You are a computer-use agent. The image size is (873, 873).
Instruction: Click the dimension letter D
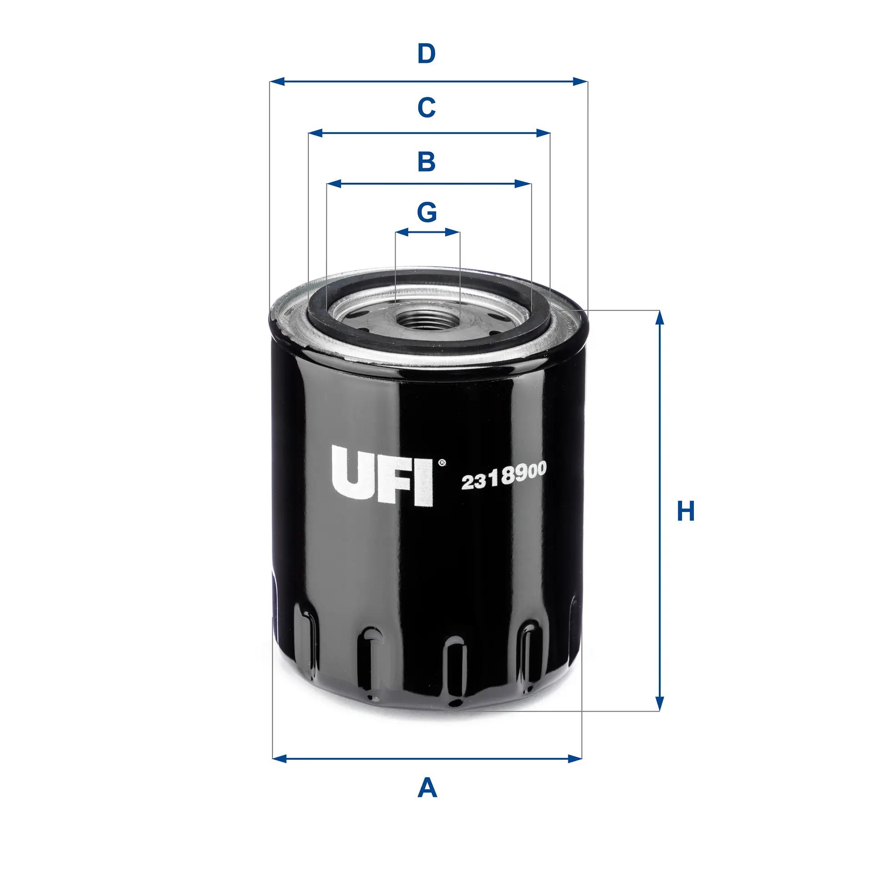tap(426, 54)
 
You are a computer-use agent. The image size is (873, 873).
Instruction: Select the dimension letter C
tap(426, 108)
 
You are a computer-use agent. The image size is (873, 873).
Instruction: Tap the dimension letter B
tap(426, 162)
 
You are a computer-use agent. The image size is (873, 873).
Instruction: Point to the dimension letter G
tap(427, 212)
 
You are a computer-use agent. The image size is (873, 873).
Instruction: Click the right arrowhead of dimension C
tap(543, 133)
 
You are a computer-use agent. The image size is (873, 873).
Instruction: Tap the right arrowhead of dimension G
tap(453, 232)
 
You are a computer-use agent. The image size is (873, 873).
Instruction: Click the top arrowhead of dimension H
tap(660, 318)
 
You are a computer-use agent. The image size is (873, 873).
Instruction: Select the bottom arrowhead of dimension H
tap(660, 703)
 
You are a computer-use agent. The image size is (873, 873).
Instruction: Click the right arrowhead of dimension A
tap(575, 758)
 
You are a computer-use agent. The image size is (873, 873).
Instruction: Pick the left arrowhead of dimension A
tap(280, 758)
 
